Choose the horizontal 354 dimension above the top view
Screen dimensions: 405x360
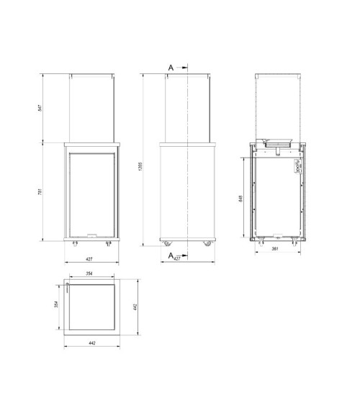[x=91, y=274]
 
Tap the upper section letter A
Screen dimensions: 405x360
[x=171, y=67]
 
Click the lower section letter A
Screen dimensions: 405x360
[x=170, y=255]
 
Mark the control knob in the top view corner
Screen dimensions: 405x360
[x=66, y=286]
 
